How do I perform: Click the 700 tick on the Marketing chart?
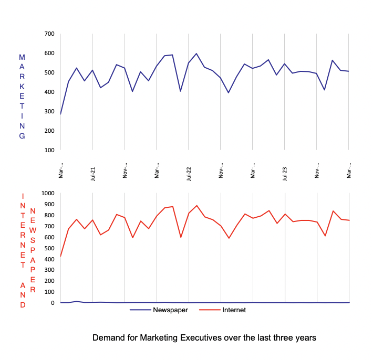click(x=49, y=34)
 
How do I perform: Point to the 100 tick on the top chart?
click(x=49, y=150)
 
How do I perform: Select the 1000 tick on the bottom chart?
click(x=47, y=193)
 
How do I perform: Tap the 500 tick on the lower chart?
click(x=49, y=248)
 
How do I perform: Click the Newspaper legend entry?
click(x=171, y=310)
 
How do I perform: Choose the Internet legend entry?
click(x=234, y=310)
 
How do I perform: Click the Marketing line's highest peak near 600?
click(x=196, y=54)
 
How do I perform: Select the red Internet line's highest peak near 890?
click(x=196, y=206)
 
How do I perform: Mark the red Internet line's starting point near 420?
click(x=60, y=257)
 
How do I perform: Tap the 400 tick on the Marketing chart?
click(x=49, y=92)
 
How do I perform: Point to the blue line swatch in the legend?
click(x=140, y=310)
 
